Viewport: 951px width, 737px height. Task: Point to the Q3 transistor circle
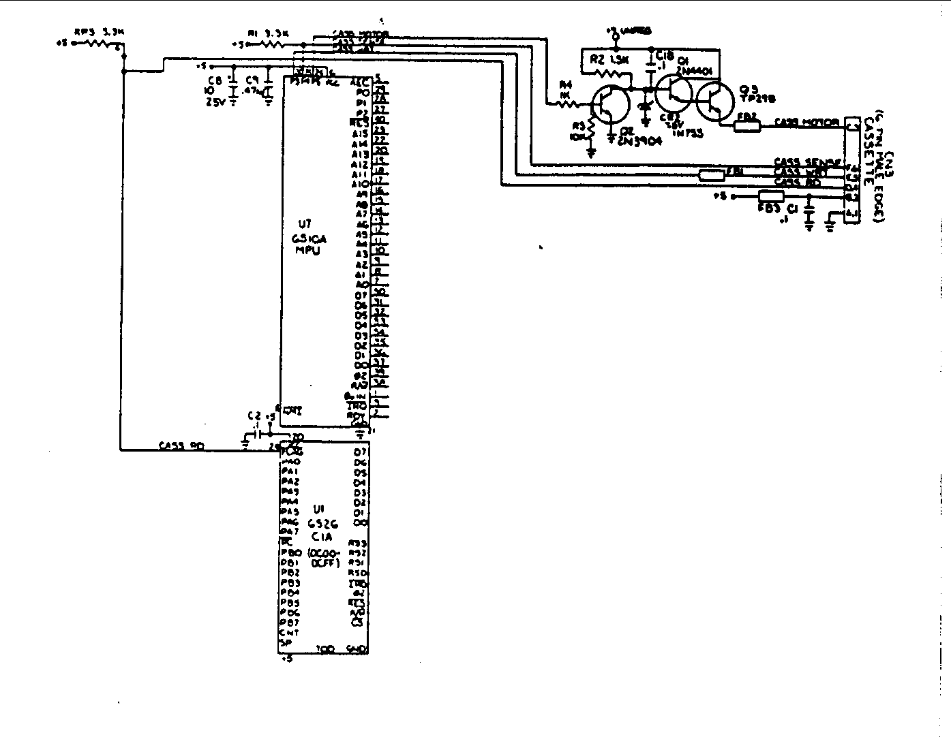(714, 101)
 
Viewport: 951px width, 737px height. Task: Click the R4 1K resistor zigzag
(571, 104)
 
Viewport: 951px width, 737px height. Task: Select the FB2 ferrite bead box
(747, 126)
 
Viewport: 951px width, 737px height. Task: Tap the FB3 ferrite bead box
(771, 197)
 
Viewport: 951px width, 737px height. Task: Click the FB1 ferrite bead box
(712, 176)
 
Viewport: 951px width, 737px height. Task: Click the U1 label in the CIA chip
(318, 509)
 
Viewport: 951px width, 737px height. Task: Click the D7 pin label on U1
(360, 452)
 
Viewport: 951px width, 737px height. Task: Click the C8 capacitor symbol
(233, 89)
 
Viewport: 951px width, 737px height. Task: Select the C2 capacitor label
(254, 415)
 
